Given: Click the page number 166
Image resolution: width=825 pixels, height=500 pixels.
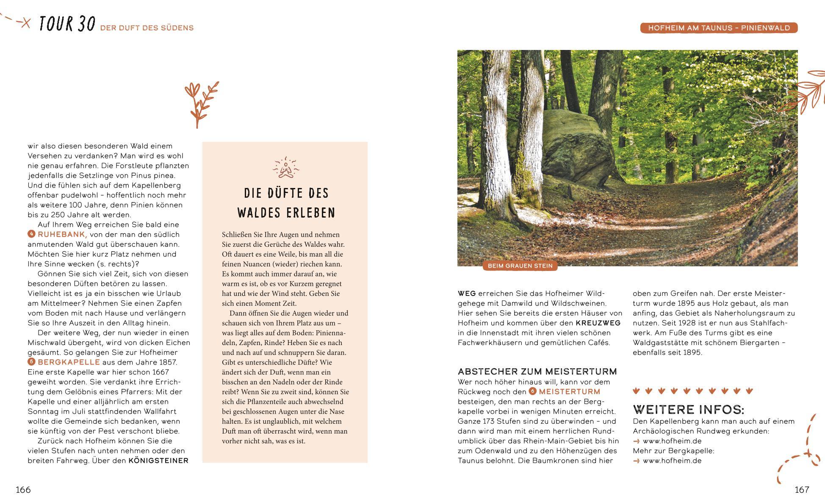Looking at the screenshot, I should pos(23,490).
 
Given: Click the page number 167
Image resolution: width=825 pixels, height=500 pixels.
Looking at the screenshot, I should pos(802,490).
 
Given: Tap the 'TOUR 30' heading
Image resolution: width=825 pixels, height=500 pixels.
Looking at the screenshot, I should pos(67,25).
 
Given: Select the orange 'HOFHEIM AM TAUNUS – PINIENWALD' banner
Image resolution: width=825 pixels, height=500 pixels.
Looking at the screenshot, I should pos(719,28).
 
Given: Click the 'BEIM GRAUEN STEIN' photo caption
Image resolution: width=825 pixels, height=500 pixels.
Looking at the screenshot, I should pos(520,266).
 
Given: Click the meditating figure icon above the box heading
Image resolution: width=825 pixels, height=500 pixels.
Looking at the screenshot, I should pos(285,168).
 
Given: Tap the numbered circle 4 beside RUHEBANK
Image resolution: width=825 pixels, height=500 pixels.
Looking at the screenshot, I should pos(31,234).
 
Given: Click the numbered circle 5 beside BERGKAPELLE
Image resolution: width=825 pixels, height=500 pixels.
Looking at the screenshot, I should pos(31,362).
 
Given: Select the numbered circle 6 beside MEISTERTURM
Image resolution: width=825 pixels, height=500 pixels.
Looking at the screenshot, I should pos(532,392).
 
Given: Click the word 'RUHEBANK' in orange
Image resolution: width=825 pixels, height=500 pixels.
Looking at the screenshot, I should pos(62,235).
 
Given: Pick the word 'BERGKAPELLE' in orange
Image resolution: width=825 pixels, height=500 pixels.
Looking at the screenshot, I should pos(69,362).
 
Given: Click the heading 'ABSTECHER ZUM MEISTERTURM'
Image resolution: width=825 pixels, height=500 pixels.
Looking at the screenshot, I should pos(537,372).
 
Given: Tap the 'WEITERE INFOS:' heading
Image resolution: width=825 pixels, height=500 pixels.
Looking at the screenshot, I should pos(688,409).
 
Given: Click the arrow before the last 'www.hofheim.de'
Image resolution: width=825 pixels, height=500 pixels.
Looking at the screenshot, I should pos(636,461).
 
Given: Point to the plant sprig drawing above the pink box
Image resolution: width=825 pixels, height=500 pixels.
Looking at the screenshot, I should pos(201,104).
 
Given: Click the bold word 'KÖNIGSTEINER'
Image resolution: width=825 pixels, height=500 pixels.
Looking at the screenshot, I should pos(158,461).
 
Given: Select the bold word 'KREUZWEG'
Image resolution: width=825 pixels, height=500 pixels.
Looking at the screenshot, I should pos(598,323).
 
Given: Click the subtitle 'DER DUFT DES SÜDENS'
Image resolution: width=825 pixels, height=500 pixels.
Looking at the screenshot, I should pos(147,28).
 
